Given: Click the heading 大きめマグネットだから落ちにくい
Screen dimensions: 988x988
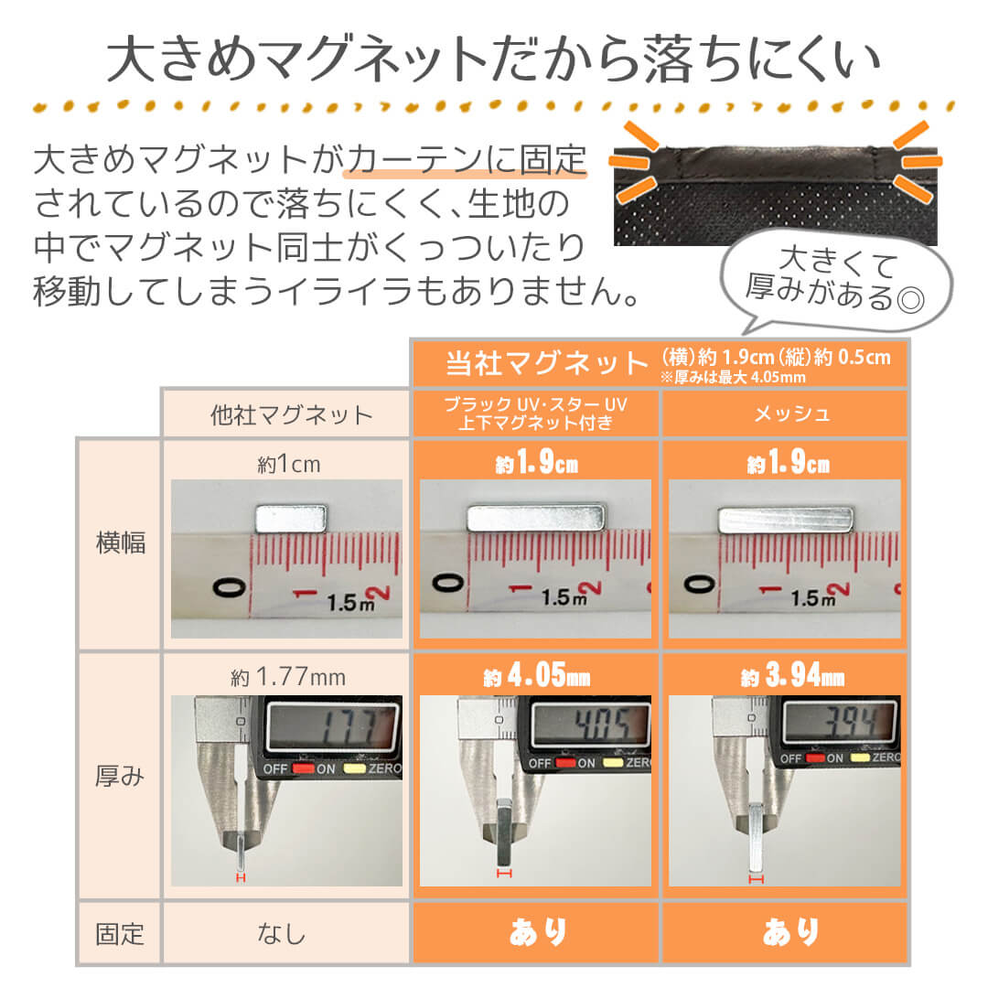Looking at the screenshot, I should point(494,60).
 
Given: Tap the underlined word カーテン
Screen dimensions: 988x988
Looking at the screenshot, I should point(413,159).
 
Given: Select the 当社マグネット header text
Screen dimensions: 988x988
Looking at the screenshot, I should point(546,364).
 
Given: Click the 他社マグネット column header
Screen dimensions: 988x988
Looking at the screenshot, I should point(286,414).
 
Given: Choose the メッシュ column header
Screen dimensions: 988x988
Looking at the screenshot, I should point(785,413).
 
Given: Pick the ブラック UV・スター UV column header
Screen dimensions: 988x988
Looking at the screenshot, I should point(535,413).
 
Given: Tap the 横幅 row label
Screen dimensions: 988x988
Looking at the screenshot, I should point(120,543).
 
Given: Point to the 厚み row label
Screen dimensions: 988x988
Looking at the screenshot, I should point(120,777).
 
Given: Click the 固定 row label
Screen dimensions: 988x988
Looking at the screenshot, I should point(120,934).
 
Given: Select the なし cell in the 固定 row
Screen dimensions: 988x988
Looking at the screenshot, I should point(286,934).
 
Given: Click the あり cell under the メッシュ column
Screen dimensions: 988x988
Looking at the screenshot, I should point(785,933).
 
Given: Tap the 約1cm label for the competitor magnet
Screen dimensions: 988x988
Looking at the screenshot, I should point(286,465).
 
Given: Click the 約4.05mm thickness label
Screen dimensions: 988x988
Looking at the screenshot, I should point(536,678).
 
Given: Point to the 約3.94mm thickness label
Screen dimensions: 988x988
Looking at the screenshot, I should point(785,678).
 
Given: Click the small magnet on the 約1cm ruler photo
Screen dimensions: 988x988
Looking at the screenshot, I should point(291,519).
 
